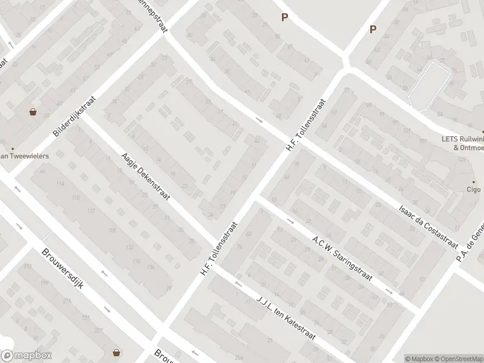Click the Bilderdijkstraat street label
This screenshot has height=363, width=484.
click(74, 115)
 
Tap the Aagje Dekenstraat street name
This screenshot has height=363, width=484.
click(146, 176)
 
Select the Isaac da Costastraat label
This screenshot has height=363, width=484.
click(428, 225)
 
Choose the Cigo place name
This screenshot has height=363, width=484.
click(473, 189)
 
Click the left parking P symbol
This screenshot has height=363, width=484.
click(284, 18)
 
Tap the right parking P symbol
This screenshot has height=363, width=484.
click(373, 29)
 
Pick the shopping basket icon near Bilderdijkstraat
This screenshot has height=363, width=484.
click(33, 112)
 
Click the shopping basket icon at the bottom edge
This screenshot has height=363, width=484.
click(116, 353)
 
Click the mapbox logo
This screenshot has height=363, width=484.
click(27, 356)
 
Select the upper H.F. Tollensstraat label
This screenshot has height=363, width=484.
click(307, 125)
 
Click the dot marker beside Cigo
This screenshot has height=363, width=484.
click(474, 181)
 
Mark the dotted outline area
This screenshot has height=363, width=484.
click(430, 85)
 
